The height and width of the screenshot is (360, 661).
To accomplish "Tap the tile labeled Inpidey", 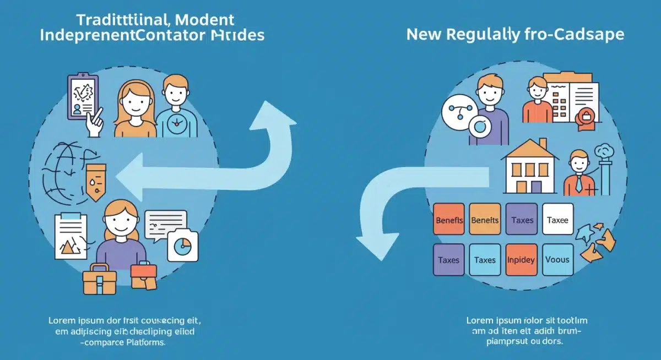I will [521, 260].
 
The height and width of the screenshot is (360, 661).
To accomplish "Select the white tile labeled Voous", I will [557, 260].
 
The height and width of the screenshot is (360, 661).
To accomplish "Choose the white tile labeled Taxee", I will [557, 220].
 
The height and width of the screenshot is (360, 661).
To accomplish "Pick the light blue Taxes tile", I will [485, 260].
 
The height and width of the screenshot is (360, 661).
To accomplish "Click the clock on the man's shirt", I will [176, 123].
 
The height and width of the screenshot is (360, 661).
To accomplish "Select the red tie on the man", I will [578, 184].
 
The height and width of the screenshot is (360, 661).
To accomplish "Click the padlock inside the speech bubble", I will [586, 116].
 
